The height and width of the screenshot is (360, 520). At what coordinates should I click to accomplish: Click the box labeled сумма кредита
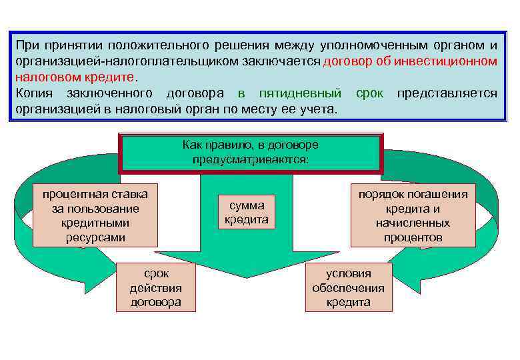247,213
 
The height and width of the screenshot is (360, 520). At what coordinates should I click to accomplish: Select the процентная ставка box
95,215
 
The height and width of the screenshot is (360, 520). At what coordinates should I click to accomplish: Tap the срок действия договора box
155,287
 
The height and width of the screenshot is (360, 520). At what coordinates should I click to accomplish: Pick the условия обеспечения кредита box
349,287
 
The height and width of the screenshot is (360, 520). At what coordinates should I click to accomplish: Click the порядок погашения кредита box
413,215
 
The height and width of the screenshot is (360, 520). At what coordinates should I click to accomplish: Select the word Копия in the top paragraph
34,93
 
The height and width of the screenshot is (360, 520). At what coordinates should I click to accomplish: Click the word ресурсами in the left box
95,237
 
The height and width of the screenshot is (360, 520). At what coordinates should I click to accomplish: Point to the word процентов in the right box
413,237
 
